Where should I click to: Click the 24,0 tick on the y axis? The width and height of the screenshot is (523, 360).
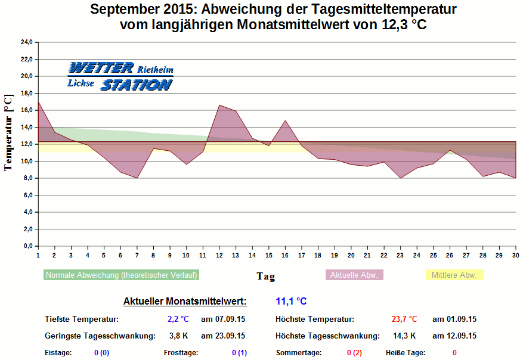point(26,42)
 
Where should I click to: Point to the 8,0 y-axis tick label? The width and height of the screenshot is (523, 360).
point(27,178)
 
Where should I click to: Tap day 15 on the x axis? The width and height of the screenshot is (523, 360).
point(268,255)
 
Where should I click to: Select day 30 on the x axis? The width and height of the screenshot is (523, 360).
point(515,255)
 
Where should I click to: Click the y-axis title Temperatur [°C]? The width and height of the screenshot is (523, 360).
point(8,132)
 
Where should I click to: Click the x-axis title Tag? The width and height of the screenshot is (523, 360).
point(266,276)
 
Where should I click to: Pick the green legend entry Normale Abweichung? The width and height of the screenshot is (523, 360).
point(121,275)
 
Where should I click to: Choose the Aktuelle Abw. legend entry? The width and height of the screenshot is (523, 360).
point(354,275)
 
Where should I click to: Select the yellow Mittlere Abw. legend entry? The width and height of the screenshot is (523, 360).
point(454,275)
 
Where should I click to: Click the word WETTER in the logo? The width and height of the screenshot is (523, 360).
point(101,68)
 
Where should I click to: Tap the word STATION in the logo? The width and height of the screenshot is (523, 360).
point(137,85)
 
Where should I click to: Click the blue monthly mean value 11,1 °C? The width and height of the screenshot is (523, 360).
point(291,302)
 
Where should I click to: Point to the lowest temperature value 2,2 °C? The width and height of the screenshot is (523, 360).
point(178,319)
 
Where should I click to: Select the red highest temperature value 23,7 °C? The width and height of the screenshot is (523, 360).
point(404,319)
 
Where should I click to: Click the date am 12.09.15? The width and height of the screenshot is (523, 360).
point(454,336)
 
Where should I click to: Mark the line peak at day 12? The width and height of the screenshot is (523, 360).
point(219,105)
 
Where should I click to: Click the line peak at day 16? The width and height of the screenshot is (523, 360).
point(285,121)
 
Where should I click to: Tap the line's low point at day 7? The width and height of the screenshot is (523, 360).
point(137,178)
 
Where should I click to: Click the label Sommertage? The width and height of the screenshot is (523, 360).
point(299,353)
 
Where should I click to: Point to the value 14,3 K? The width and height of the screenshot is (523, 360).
point(404,336)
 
